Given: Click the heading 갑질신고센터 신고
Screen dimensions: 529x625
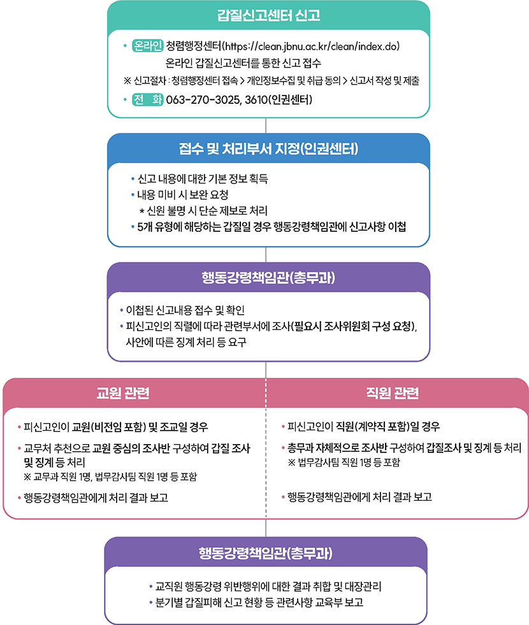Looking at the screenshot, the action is pos(268,15).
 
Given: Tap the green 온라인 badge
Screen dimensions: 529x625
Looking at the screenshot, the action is pos(147,46).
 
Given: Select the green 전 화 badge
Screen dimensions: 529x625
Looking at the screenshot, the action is pos(147,99).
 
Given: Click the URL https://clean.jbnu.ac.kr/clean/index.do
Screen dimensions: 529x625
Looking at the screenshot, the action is pos(311,47).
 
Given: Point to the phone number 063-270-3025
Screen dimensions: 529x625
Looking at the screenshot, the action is pos(203,99).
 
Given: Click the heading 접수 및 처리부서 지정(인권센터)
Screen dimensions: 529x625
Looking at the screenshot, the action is pos(268,148).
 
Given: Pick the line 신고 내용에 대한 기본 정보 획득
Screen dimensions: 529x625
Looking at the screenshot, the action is pos(203,178).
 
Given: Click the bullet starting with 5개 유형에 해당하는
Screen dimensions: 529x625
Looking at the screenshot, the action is pos(272,227).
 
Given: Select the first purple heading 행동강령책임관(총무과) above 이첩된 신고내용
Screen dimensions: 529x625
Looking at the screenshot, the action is pos(268,277).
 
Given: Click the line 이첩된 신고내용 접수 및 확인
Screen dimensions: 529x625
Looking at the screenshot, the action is pos(185,310).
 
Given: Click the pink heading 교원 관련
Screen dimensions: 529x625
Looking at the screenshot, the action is pos(123,393).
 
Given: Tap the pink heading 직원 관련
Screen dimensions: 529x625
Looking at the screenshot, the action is pos(393,393).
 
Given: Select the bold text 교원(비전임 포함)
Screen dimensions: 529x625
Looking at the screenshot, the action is pos(109,427).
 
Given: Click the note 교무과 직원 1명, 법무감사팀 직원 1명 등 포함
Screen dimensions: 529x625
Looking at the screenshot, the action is pos(115,477).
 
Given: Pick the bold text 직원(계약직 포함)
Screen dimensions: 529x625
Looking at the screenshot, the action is pos(373,426).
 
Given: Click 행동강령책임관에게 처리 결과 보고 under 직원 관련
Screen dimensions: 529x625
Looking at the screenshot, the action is pos(359,497).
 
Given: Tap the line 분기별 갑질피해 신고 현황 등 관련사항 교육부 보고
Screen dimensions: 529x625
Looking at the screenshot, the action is pos(259,602).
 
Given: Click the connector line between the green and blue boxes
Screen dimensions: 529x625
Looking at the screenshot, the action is pos(266,126).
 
